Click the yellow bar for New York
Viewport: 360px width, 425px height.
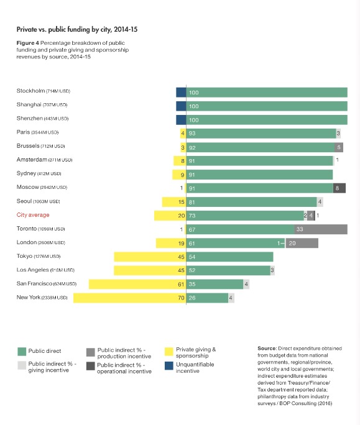(x=130, y=298)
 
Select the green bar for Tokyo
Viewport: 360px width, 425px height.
(x=230, y=257)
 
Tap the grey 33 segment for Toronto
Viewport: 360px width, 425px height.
(x=321, y=229)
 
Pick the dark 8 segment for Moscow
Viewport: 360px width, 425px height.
(x=339, y=188)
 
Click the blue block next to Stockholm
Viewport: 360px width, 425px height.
(x=181, y=93)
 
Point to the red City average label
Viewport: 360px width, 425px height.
(x=33, y=215)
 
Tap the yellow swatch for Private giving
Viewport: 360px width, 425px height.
(x=169, y=352)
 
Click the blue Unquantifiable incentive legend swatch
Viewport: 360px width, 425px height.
(x=169, y=365)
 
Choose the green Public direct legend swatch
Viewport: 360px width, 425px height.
(x=22, y=352)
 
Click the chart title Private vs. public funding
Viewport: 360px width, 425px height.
(x=77, y=29)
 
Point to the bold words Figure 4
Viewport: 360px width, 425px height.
(x=28, y=43)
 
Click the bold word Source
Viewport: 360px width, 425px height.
(x=267, y=349)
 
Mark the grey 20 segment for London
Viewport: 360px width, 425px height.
(x=302, y=243)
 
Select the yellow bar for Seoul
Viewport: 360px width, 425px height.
(x=174, y=202)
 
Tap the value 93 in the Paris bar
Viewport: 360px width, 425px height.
(x=192, y=134)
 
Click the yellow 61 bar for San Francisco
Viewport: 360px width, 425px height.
(x=137, y=284)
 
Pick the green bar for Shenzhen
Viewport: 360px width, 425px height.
(x=267, y=120)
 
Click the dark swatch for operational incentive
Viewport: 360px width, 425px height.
(x=91, y=366)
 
